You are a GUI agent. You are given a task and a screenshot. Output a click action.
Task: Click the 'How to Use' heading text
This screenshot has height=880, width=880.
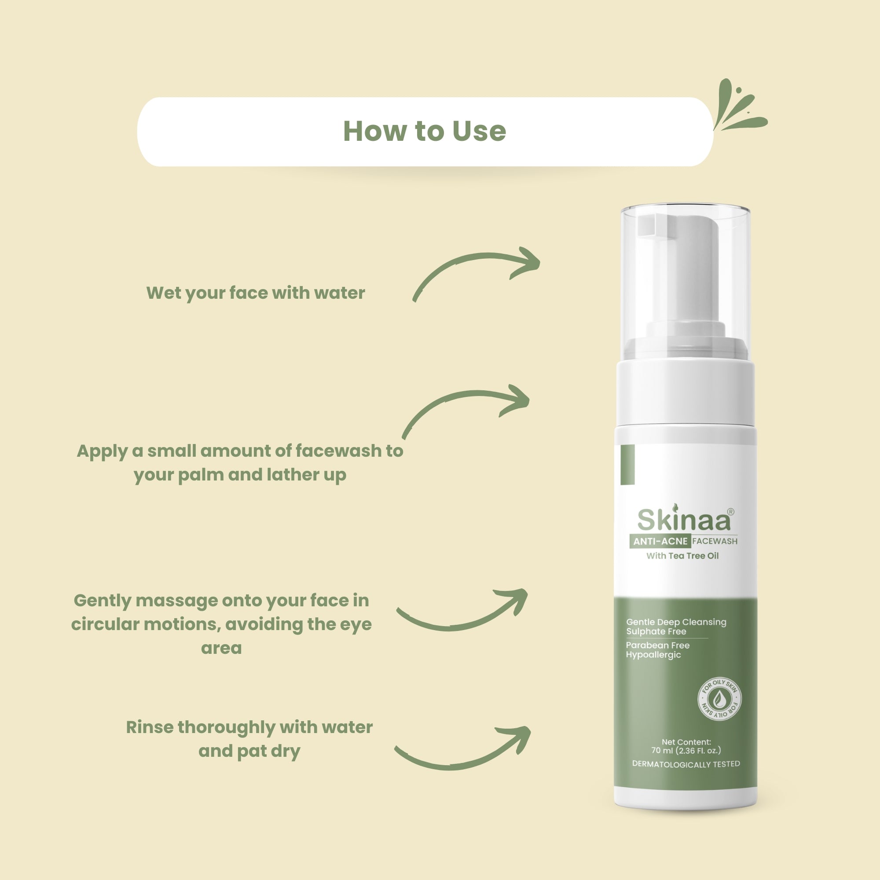[424, 131]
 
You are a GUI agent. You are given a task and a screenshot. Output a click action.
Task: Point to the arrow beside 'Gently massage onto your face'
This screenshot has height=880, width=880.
[462, 613]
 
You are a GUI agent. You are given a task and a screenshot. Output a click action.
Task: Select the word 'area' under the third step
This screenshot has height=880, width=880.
[221, 648]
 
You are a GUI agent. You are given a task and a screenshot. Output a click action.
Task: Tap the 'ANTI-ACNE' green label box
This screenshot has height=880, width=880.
[660, 541]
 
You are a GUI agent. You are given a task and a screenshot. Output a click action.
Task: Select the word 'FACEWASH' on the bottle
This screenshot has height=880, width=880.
[715, 541]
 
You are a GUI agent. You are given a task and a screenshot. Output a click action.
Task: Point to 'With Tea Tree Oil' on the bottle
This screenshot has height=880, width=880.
[682, 556]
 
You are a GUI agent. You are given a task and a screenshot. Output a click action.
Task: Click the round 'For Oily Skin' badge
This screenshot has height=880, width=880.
[720, 699]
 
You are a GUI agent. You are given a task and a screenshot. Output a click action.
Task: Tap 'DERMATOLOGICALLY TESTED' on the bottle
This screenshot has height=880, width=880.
[686, 764]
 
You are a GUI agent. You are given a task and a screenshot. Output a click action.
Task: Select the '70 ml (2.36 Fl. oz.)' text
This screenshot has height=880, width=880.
[686, 750]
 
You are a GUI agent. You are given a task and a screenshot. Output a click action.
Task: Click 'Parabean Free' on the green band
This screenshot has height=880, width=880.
[658, 645]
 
